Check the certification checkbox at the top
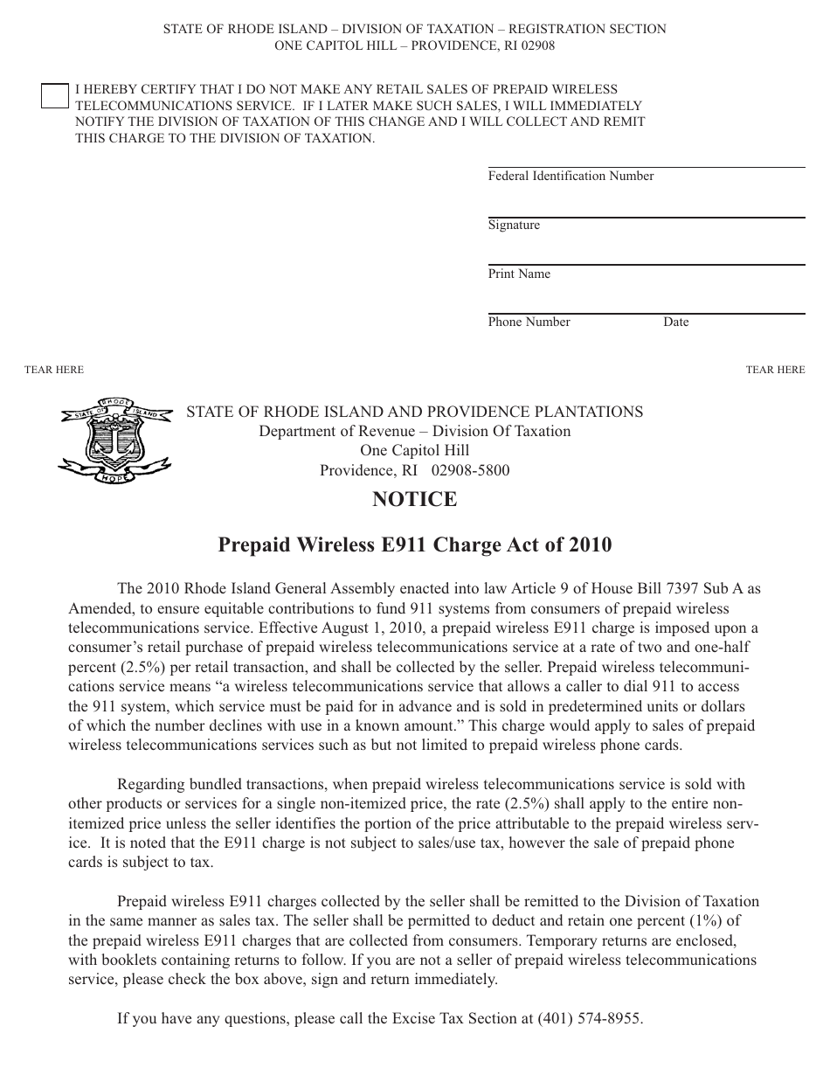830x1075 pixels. pos(54,96)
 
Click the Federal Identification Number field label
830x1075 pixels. pos(571,177)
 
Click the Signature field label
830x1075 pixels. pos(514,225)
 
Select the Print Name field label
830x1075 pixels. pos(519,274)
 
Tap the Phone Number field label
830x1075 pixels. pos(529,322)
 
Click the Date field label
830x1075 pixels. pos(675,322)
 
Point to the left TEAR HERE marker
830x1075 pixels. pos(54,370)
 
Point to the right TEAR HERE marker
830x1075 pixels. pos(775,370)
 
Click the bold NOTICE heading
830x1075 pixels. pos(414,500)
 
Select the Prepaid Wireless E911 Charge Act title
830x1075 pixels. pos(414,545)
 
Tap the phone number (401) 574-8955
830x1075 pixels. pos(590,1019)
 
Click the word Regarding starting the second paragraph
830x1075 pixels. pos(150,785)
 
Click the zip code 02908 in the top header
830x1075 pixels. pos(535,46)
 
